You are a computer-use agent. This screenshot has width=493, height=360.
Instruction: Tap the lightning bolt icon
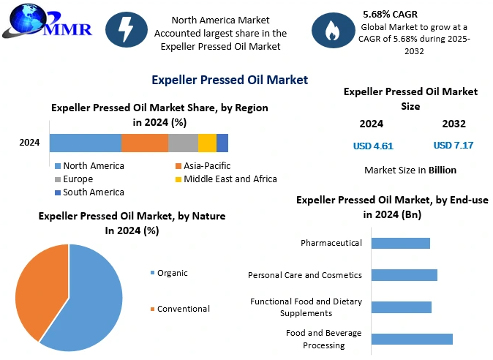127,29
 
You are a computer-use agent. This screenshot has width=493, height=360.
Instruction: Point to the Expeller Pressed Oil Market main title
230,79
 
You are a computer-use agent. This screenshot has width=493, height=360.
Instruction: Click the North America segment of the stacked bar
85,143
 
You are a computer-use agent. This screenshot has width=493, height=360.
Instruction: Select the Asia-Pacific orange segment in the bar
144,143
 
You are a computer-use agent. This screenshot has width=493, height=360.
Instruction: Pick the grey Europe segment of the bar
183,143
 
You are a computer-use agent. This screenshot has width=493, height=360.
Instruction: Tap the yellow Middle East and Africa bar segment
207,143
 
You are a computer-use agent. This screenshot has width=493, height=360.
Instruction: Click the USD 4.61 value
373,146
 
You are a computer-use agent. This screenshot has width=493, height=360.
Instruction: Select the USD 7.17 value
454,146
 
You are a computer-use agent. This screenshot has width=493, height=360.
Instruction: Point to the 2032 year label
454,124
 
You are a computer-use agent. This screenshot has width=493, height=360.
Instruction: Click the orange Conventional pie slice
40,289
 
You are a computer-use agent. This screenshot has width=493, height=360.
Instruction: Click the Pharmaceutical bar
400,243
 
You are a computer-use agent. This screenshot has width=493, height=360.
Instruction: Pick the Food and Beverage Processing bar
412,339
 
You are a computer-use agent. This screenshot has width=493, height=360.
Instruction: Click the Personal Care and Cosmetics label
305,275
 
